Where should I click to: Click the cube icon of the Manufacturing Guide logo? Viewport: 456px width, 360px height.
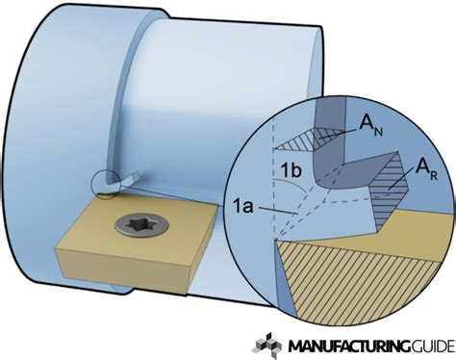pyautogui.click(x=266, y=344)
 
